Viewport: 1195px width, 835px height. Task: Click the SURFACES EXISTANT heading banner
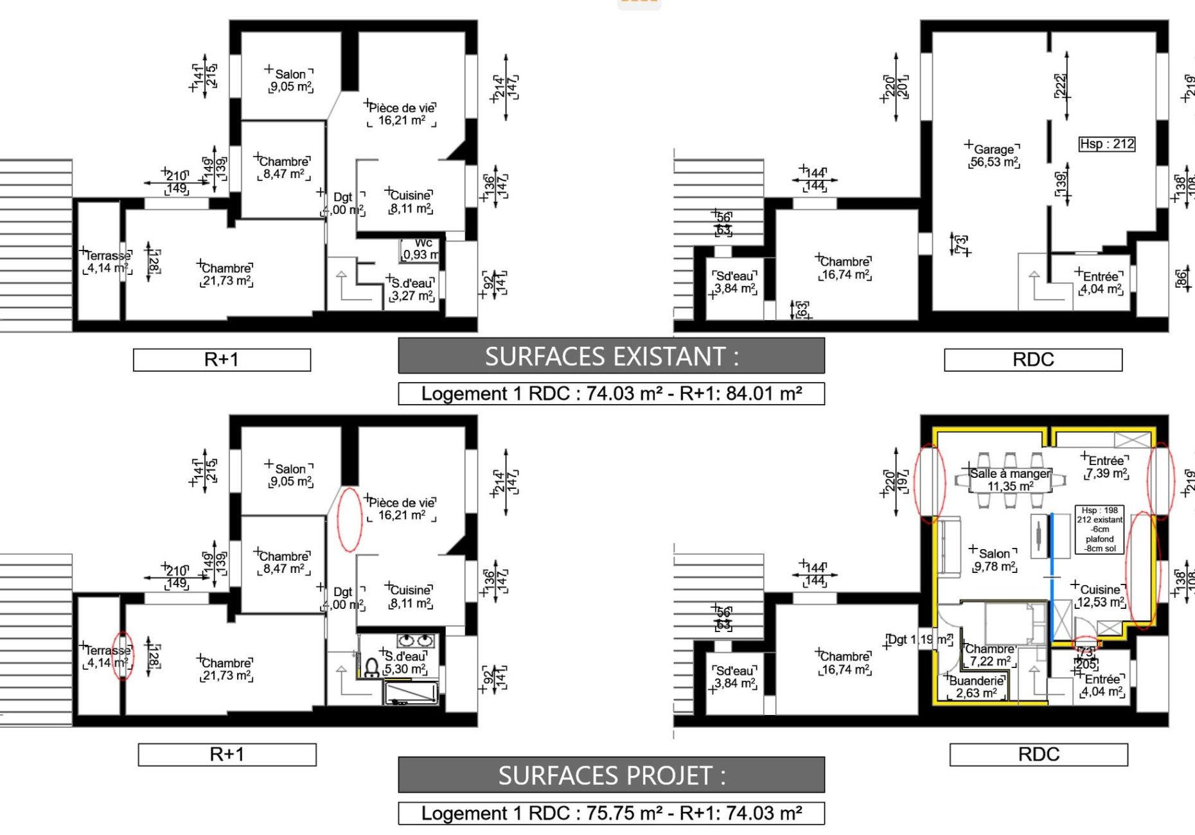pos(611,356)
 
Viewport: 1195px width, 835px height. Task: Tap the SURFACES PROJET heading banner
pos(611,775)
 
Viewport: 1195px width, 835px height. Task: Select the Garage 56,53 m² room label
pos(994,155)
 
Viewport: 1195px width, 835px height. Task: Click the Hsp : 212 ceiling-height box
pos(1106,144)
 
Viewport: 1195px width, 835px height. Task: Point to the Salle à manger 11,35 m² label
pos(1009,480)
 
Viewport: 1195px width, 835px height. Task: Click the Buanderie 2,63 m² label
pos(976,687)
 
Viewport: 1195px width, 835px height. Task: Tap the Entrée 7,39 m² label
pos(1106,467)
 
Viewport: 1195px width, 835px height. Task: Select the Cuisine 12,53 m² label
pos(1100,595)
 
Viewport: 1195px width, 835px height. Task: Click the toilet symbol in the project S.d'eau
pos(371,669)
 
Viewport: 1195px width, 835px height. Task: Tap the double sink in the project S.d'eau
pos(416,640)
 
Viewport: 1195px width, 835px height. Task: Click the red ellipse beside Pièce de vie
pos(350,519)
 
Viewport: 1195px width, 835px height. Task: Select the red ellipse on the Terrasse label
pos(123,655)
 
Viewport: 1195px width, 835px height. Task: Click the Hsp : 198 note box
pos(1099,529)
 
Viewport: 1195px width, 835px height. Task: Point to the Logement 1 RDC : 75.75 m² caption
pos(611,813)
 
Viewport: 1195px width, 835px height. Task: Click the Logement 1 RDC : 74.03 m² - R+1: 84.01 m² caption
pos(611,394)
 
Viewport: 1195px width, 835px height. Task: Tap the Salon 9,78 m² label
pos(995,559)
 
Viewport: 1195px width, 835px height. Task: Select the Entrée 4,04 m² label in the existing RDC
pos(1101,283)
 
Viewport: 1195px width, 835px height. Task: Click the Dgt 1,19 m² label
pos(919,640)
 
